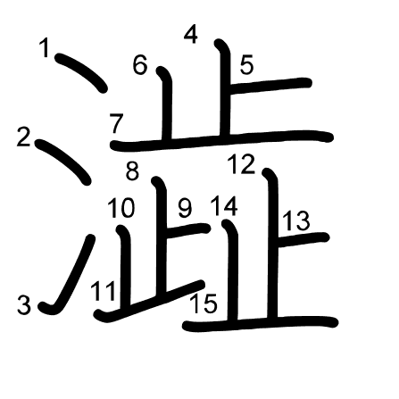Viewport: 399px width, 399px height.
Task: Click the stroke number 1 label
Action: (45, 47)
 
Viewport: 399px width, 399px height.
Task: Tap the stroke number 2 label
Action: (24, 137)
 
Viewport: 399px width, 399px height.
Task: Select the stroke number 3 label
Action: (24, 304)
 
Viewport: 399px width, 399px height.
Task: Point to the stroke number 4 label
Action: (191, 35)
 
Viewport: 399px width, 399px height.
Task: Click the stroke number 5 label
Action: (246, 64)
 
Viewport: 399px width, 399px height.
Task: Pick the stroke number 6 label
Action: (140, 65)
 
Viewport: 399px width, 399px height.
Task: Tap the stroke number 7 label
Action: (116, 123)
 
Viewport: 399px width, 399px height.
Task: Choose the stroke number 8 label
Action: (132, 171)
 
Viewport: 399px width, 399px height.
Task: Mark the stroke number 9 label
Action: (185, 208)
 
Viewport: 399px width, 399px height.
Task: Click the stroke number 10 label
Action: (121, 208)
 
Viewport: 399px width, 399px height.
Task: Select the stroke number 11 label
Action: (104, 291)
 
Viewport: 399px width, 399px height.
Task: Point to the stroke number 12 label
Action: (241, 164)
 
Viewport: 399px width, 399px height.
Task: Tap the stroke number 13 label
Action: (296, 220)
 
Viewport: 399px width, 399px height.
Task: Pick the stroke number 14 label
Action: (224, 206)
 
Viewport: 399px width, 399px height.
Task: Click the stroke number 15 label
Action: (204, 303)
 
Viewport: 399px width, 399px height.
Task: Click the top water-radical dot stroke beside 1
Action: (81, 72)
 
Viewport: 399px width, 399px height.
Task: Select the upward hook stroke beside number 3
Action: (68, 275)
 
